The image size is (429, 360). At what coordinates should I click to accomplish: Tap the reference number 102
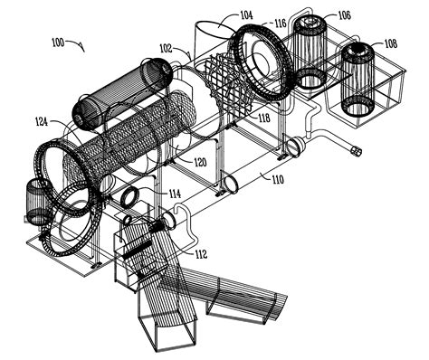[167, 48]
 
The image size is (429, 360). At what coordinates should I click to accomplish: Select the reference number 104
[220, 14]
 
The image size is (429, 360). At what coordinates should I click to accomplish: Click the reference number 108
[389, 43]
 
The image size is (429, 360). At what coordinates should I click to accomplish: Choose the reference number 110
[277, 180]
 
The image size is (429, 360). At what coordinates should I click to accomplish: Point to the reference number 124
[42, 120]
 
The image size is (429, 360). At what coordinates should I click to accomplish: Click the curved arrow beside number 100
[79, 45]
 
